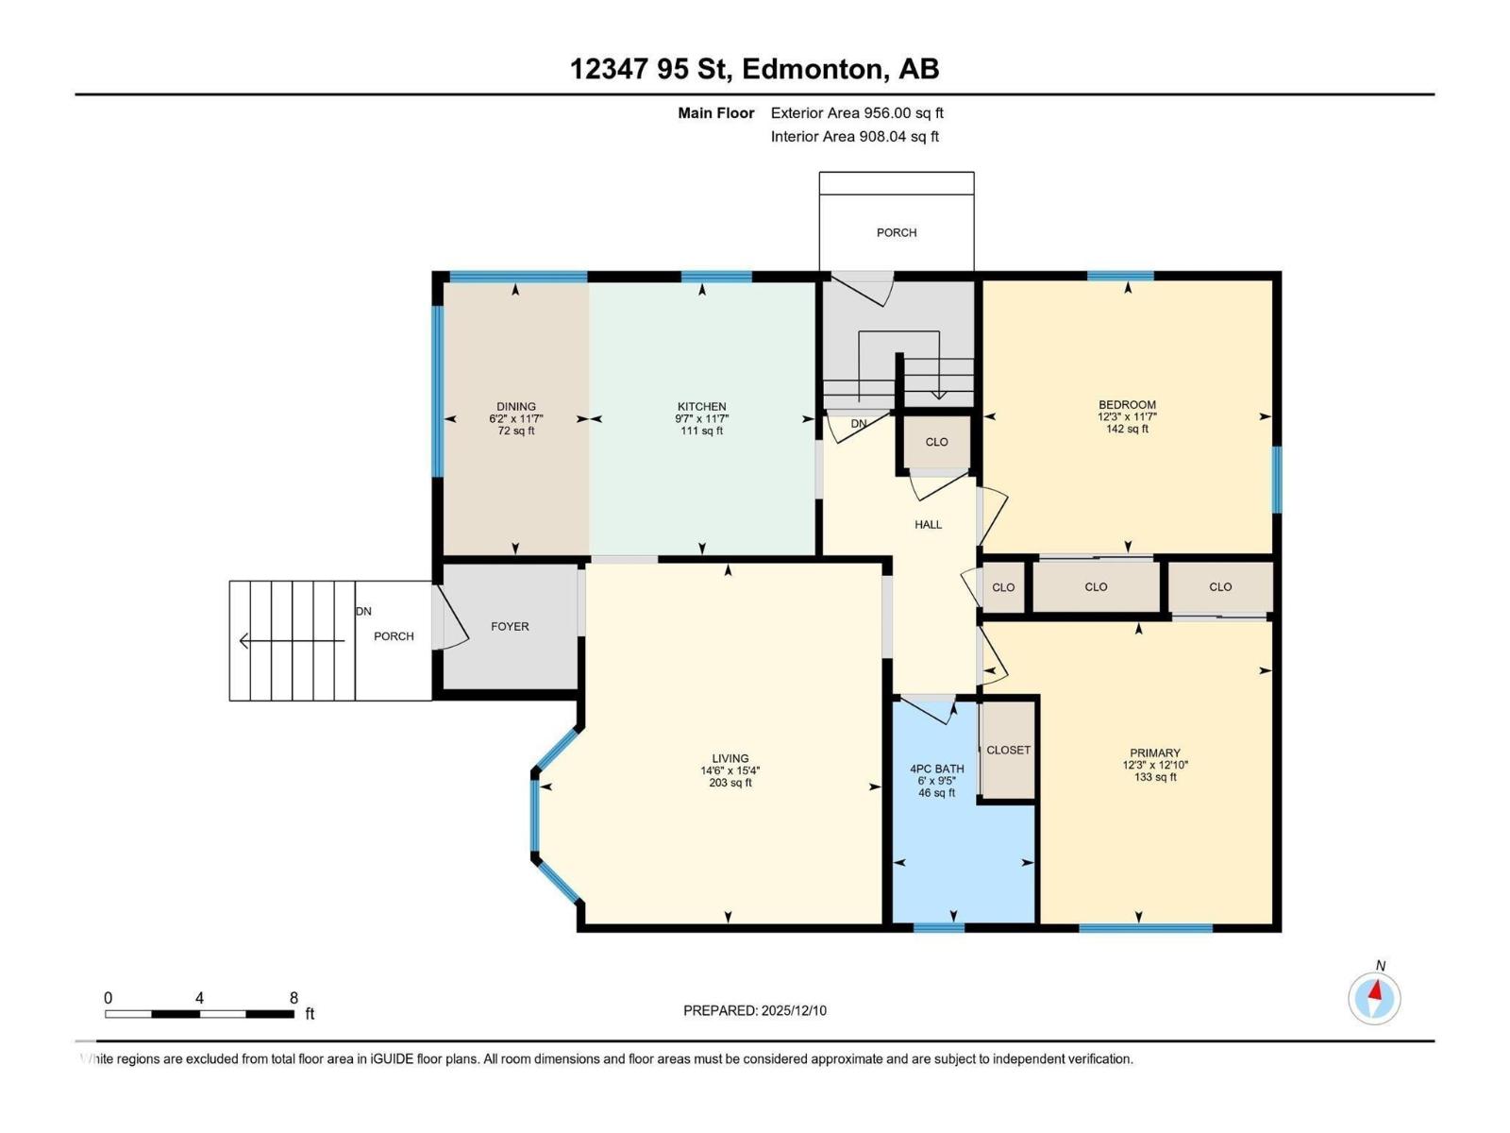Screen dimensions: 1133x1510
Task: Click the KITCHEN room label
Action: (x=701, y=407)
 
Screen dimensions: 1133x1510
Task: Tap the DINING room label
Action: (x=516, y=407)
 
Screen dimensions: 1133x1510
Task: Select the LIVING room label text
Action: (x=730, y=758)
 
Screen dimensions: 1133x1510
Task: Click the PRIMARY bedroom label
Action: (x=1154, y=753)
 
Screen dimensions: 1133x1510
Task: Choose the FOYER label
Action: (x=510, y=626)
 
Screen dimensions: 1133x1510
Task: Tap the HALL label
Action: (x=928, y=524)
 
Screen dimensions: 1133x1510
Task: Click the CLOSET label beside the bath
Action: (x=1008, y=750)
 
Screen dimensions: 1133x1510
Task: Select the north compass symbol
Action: (x=1374, y=997)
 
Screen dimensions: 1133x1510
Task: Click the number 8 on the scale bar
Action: (x=294, y=998)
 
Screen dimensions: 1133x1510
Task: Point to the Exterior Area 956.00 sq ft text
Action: (x=857, y=112)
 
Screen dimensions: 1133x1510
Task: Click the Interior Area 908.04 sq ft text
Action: (x=854, y=136)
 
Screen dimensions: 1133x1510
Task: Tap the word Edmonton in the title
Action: (x=814, y=69)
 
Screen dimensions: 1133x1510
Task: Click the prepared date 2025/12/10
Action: (x=793, y=1010)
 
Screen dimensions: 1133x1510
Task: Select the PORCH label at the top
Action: (x=896, y=232)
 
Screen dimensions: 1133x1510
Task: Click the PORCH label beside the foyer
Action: (x=394, y=636)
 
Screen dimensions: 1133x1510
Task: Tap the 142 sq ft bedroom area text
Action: (x=1127, y=429)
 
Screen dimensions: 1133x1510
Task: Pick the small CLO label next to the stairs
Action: (x=936, y=442)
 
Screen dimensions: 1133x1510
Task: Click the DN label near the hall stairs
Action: (x=858, y=424)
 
